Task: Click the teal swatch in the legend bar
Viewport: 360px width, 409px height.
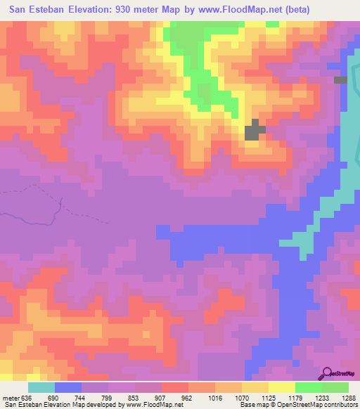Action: [41, 387]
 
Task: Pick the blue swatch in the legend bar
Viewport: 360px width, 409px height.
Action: [68, 387]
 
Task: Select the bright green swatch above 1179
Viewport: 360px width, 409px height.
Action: [309, 387]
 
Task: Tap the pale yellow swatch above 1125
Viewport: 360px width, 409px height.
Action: [282, 387]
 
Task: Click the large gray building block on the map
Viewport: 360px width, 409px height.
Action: [254, 130]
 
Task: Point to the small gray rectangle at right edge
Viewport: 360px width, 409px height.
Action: [341, 80]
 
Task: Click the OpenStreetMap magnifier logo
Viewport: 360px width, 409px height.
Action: [328, 372]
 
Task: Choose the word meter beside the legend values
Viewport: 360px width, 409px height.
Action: [11, 397]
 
